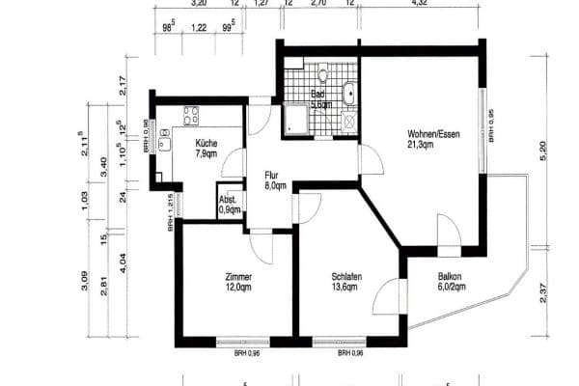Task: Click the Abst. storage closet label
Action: (x=230, y=204)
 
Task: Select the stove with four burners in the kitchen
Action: (x=187, y=116)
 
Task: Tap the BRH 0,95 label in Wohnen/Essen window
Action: (x=491, y=126)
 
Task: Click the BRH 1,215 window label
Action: (x=170, y=212)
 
